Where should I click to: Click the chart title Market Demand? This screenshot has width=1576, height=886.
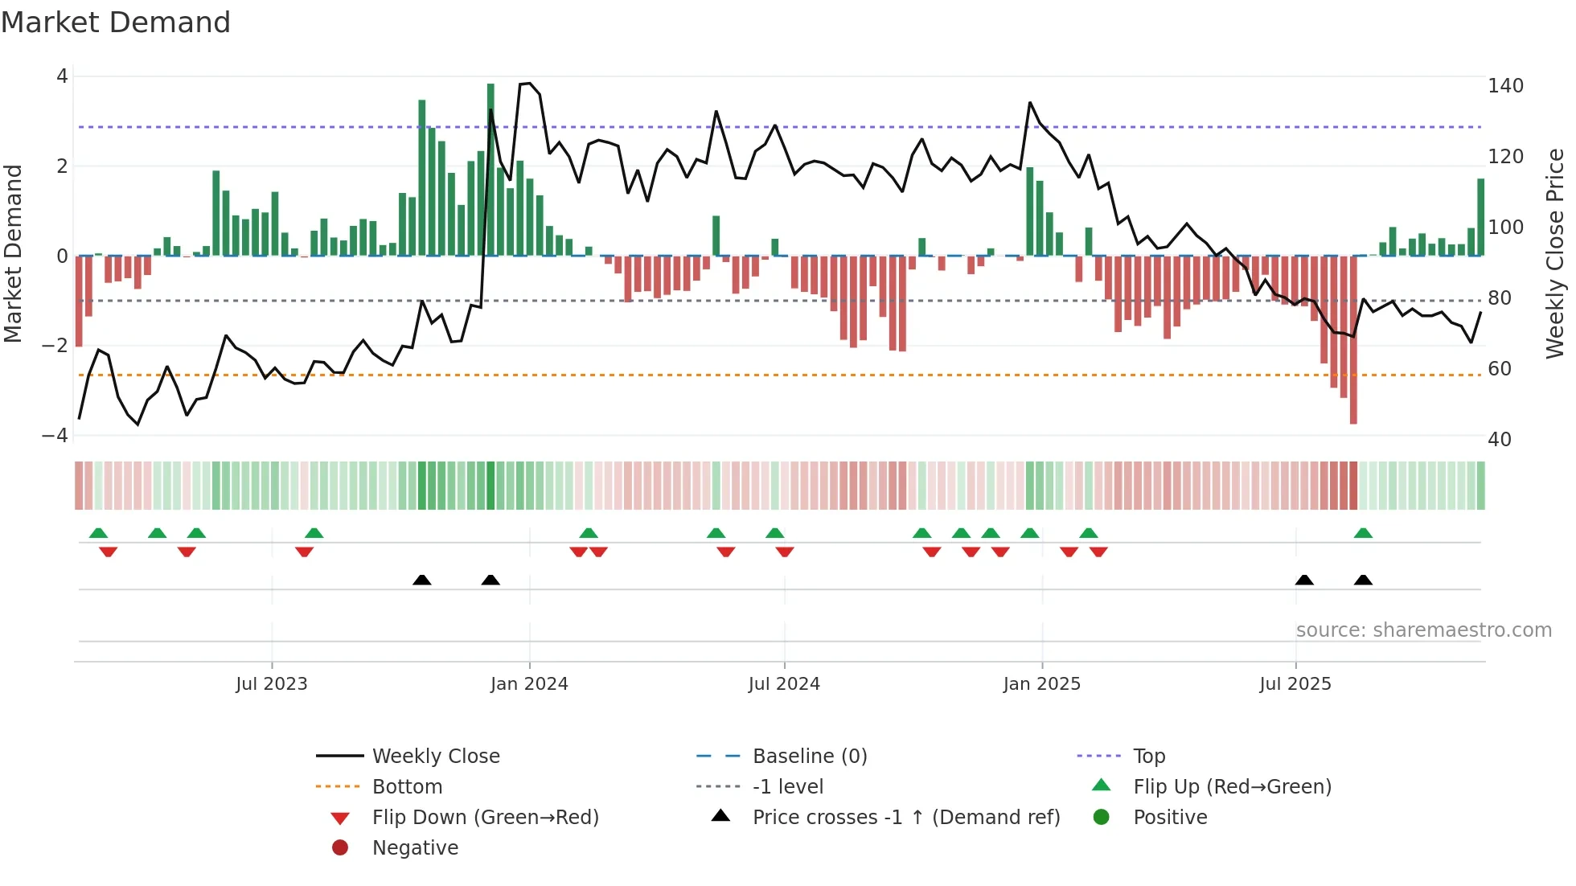coord(116,23)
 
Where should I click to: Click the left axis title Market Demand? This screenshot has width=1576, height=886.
coord(14,253)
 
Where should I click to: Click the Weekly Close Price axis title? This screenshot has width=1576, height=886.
coord(1555,253)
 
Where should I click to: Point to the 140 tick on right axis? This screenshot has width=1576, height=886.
coord(1505,86)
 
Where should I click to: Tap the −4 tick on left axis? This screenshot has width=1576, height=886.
coord(55,436)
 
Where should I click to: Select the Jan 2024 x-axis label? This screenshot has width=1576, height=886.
coord(529,684)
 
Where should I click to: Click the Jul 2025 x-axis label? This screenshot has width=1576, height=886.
coord(1295,684)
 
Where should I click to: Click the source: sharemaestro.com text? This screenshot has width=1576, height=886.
coord(1423,630)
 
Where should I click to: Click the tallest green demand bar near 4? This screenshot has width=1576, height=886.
coord(490,169)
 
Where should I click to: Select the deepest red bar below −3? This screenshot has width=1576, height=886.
coord(1353,339)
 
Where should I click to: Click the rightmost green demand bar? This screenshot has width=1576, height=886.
coord(1480,217)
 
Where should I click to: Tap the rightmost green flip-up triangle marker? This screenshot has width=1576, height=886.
coord(1363,533)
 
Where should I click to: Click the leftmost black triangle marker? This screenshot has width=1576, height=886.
coord(421,580)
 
